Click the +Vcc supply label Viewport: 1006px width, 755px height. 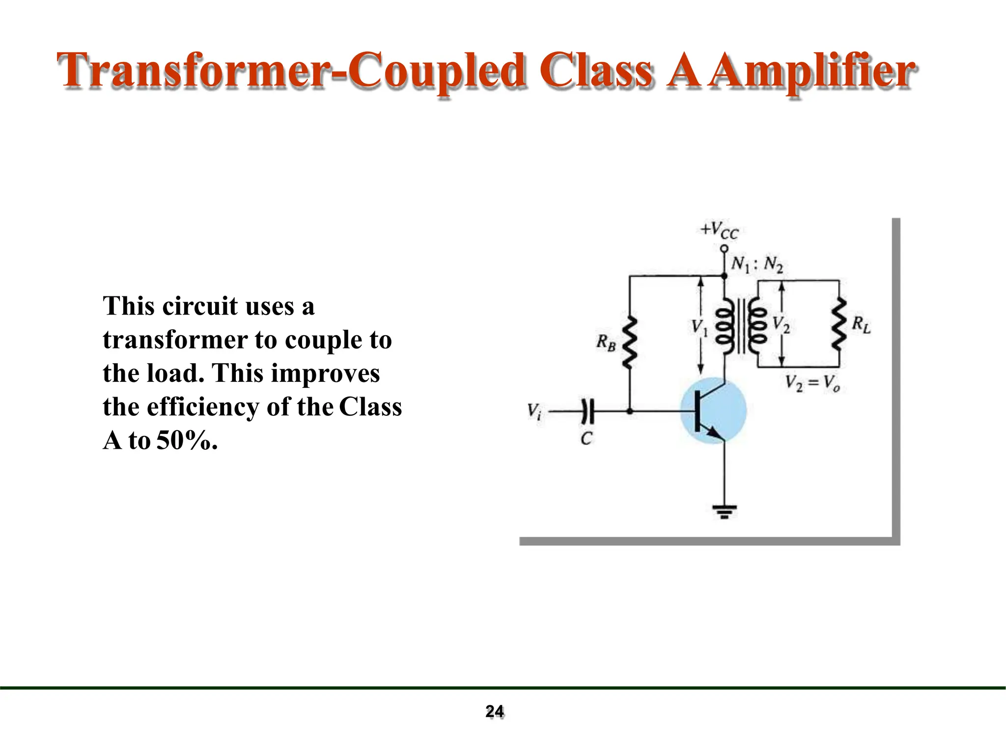[x=719, y=230]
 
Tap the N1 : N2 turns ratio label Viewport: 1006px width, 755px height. [x=756, y=264]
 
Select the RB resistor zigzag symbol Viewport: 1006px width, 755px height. [x=630, y=343]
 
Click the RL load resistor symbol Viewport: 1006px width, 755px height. [x=839, y=324]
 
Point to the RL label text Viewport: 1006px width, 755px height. [x=861, y=325]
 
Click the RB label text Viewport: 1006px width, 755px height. [x=606, y=342]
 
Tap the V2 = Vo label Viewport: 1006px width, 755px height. [x=812, y=383]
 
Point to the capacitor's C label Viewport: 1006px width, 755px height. [x=587, y=438]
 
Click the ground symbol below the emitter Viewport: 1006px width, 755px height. [x=725, y=512]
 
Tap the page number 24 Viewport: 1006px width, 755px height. [x=495, y=711]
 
